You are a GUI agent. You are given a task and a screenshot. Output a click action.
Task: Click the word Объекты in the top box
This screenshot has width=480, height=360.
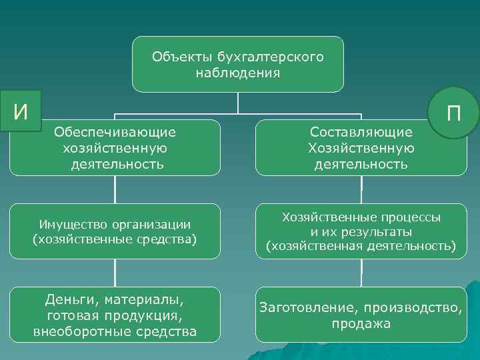[176, 57]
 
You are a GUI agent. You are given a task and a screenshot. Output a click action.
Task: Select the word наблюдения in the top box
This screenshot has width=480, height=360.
[237, 72]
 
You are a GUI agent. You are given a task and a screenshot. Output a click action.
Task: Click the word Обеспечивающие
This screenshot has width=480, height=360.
[115, 133]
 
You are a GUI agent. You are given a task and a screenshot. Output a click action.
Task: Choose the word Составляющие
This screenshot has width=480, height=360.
[361, 133]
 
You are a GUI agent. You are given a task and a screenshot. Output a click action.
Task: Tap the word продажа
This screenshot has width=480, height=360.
[361, 324]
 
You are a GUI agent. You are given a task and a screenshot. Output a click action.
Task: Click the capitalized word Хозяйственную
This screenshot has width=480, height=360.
[361, 148]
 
